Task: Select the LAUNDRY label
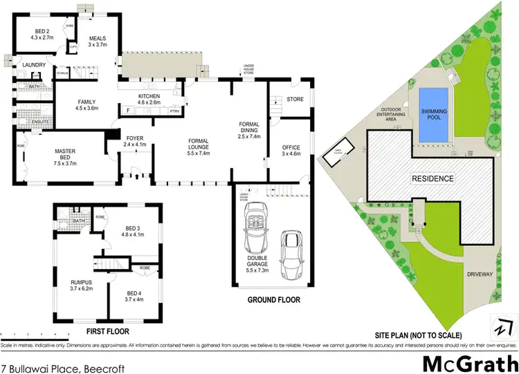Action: [34, 65]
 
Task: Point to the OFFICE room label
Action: [289, 149]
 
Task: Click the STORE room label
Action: [295, 100]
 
